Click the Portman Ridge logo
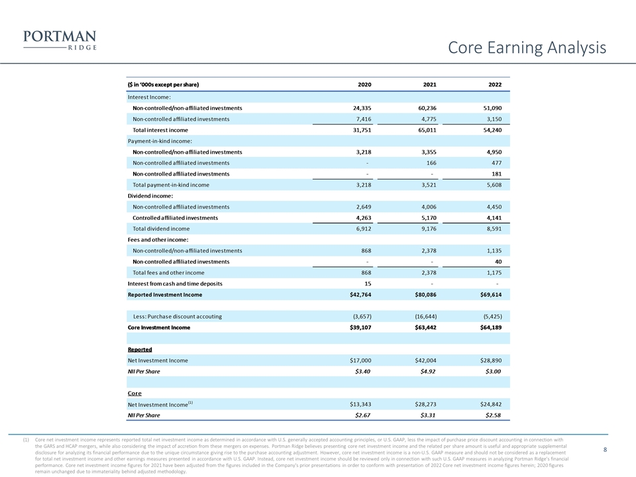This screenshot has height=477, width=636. (x=60, y=40)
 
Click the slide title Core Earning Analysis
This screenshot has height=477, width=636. (x=527, y=48)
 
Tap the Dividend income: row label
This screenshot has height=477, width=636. (x=150, y=195)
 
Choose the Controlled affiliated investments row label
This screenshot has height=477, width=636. (x=175, y=217)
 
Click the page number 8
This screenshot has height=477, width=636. (x=606, y=450)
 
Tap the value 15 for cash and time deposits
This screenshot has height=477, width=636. (x=366, y=284)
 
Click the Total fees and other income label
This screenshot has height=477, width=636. (x=168, y=272)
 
